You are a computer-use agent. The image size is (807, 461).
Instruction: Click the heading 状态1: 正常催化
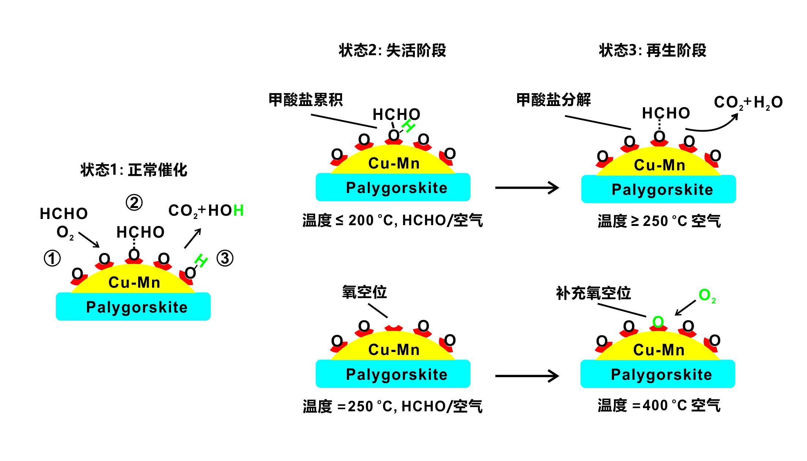click(x=134, y=170)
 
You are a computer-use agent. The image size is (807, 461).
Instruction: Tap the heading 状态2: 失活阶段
click(x=393, y=50)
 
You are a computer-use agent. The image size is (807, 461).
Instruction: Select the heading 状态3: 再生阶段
click(x=652, y=50)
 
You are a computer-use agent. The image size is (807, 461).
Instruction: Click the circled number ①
click(x=52, y=258)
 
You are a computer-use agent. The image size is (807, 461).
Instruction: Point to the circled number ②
click(x=134, y=203)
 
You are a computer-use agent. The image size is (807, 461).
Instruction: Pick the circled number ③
click(x=225, y=258)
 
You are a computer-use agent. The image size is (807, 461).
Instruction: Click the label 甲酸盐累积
click(x=306, y=100)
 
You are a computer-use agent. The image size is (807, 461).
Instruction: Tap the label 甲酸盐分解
click(x=553, y=100)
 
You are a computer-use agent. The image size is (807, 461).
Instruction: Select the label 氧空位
click(x=364, y=292)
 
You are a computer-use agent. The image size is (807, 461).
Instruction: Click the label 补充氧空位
click(x=593, y=293)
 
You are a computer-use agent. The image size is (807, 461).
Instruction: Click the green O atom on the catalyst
click(x=658, y=322)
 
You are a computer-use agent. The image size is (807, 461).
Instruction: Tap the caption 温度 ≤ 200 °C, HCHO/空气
click(x=393, y=220)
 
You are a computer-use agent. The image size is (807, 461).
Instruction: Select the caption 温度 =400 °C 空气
click(x=659, y=405)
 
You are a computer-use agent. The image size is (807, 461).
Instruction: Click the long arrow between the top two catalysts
click(x=527, y=188)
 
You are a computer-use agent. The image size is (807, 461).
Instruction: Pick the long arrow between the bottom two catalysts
click(x=527, y=376)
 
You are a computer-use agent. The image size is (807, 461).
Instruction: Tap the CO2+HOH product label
click(x=206, y=211)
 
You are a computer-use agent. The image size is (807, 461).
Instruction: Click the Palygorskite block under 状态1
click(x=133, y=307)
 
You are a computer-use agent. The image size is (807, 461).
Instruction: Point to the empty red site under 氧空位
click(x=394, y=328)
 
